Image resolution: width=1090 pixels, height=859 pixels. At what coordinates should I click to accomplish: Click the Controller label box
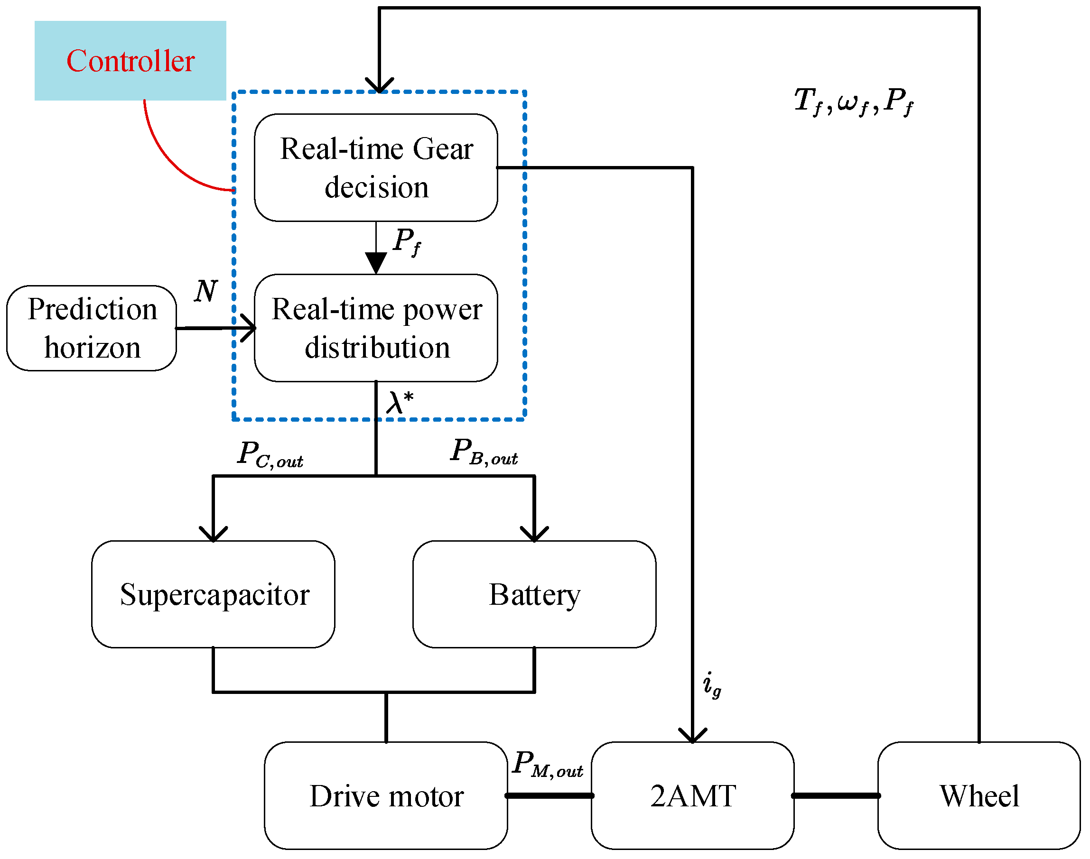click(x=130, y=60)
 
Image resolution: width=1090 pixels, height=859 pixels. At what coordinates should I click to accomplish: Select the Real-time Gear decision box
click(x=376, y=167)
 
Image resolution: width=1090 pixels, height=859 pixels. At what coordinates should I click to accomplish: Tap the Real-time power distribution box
click(x=376, y=328)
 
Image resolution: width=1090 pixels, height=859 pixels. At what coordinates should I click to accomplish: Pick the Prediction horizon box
click(x=92, y=328)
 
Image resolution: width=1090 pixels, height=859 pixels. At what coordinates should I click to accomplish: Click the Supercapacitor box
click(x=214, y=594)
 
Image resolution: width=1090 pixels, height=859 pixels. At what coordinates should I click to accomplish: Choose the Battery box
click(x=534, y=594)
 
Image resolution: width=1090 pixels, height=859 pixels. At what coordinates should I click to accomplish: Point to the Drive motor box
click(x=386, y=795)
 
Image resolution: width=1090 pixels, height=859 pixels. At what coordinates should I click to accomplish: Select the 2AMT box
click(x=693, y=795)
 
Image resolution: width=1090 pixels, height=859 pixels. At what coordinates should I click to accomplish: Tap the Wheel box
click(x=979, y=795)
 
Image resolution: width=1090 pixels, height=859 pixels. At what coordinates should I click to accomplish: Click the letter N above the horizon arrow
click(x=206, y=291)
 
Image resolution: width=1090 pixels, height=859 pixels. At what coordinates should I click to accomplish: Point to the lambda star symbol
click(x=400, y=402)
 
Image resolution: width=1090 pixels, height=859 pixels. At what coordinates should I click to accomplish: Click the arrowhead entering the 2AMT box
click(x=693, y=735)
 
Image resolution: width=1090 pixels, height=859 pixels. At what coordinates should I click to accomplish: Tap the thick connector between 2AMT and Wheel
click(x=837, y=795)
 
